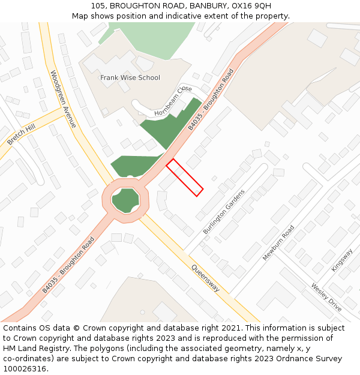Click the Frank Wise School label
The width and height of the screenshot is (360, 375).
[130, 77]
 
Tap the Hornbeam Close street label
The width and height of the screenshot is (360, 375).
[173, 101]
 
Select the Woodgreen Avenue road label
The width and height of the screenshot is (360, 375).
[63, 99]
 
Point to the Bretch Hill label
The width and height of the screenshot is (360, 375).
[21, 134]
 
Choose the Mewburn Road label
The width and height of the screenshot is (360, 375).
[278, 243]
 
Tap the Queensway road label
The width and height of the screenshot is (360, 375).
[205, 278]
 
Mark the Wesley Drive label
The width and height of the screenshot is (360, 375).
[326, 297]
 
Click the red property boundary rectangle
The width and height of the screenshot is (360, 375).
[184, 177]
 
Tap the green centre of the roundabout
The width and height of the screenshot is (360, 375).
[125, 200]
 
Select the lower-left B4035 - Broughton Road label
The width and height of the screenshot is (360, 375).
[68, 265]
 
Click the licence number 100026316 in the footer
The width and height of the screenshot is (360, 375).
[26, 369]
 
